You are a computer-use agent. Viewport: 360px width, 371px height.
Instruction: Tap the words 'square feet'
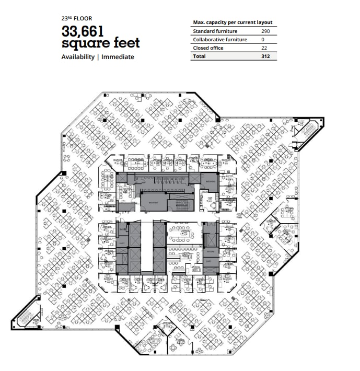[x=100, y=43]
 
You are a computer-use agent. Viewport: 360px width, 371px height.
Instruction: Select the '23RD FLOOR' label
[x=76, y=19]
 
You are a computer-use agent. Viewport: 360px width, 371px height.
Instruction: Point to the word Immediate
[x=118, y=57]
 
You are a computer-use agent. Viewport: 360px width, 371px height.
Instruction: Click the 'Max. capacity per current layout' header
[x=233, y=22]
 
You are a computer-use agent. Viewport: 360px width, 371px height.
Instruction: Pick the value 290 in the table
[x=265, y=31]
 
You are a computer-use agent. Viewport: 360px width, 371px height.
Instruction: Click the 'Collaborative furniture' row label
[x=220, y=39]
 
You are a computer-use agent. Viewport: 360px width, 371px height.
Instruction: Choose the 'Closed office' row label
[x=208, y=48]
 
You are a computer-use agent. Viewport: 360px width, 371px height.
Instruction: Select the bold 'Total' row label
[x=199, y=56]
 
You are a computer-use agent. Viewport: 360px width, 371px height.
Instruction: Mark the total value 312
[x=265, y=56]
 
